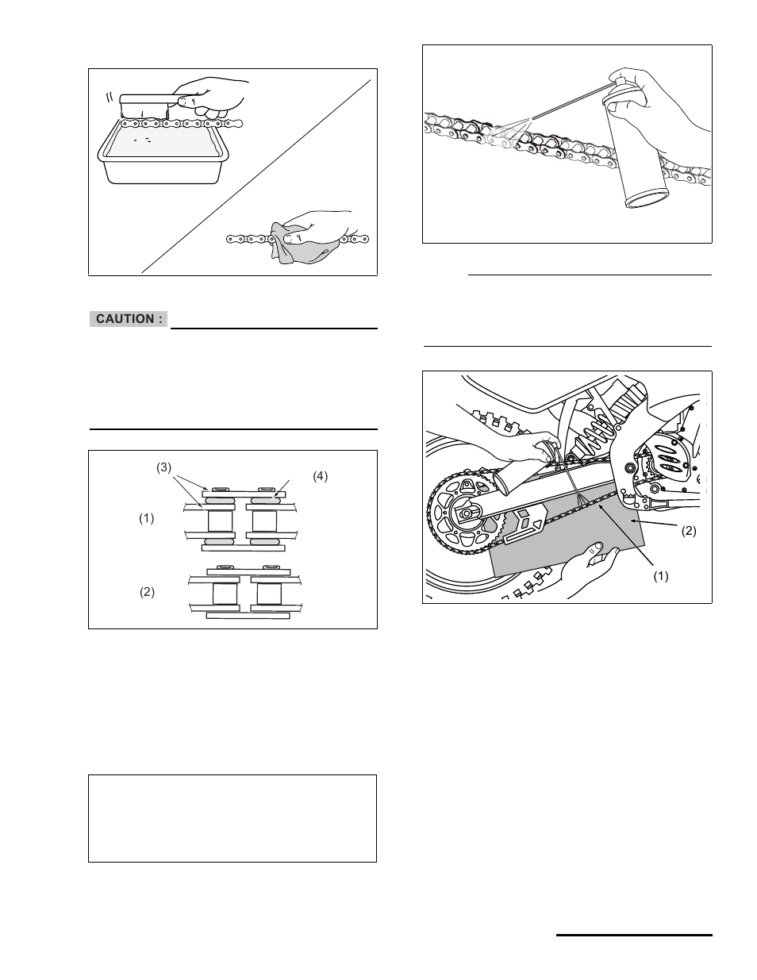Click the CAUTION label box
(129, 319)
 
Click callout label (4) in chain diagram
(319, 477)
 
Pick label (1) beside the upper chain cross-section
(147, 519)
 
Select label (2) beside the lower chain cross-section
(147, 592)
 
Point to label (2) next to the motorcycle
(688, 531)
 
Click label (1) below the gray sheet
(660, 577)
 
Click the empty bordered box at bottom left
(232, 818)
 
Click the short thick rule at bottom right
(634, 936)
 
